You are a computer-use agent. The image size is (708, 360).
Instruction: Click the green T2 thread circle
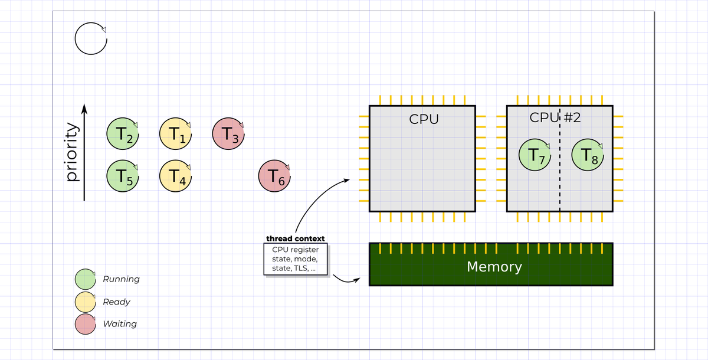pyautogui.click(x=123, y=134)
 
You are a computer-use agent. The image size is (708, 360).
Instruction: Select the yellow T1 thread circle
pyautogui.click(x=175, y=134)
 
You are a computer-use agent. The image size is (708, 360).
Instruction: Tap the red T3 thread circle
pyautogui.click(x=228, y=134)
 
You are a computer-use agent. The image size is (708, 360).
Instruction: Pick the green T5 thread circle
pyautogui.click(x=123, y=176)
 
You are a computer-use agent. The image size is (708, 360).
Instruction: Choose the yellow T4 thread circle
pyautogui.click(x=175, y=176)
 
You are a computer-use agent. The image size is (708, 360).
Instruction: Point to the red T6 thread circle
pyautogui.click(x=274, y=176)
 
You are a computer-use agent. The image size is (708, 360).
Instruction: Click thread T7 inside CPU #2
pyautogui.click(x=535, y=155)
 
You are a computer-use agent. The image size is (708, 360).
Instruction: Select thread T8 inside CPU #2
pyautogui.click(x=588, y=155)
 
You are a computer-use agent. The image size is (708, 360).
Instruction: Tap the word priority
pyautogui.click(x=72, y=152)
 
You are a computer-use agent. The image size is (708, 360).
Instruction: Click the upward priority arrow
pyautogui.click(x=84, y=152)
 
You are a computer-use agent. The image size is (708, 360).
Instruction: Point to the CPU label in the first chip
pyautogui.click(x=424, y=119)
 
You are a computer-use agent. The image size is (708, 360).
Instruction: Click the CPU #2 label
pyautogui.click(x=555, y=117)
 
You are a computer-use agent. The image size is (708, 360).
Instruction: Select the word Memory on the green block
pyautogui.click(x=494, y=267)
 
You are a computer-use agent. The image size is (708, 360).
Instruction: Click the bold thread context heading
pyautogui.click(x=295, y=238)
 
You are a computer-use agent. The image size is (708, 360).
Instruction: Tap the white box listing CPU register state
pyautogui.click(x=296, y=259)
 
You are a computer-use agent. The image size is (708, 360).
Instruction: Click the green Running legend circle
pyautogui.click(x=86, y=279)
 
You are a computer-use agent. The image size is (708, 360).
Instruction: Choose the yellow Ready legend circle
pyautogui.click(x=86, y=302)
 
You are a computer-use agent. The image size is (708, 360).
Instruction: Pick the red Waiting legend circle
pyautogui.click(x=86, y=324)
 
